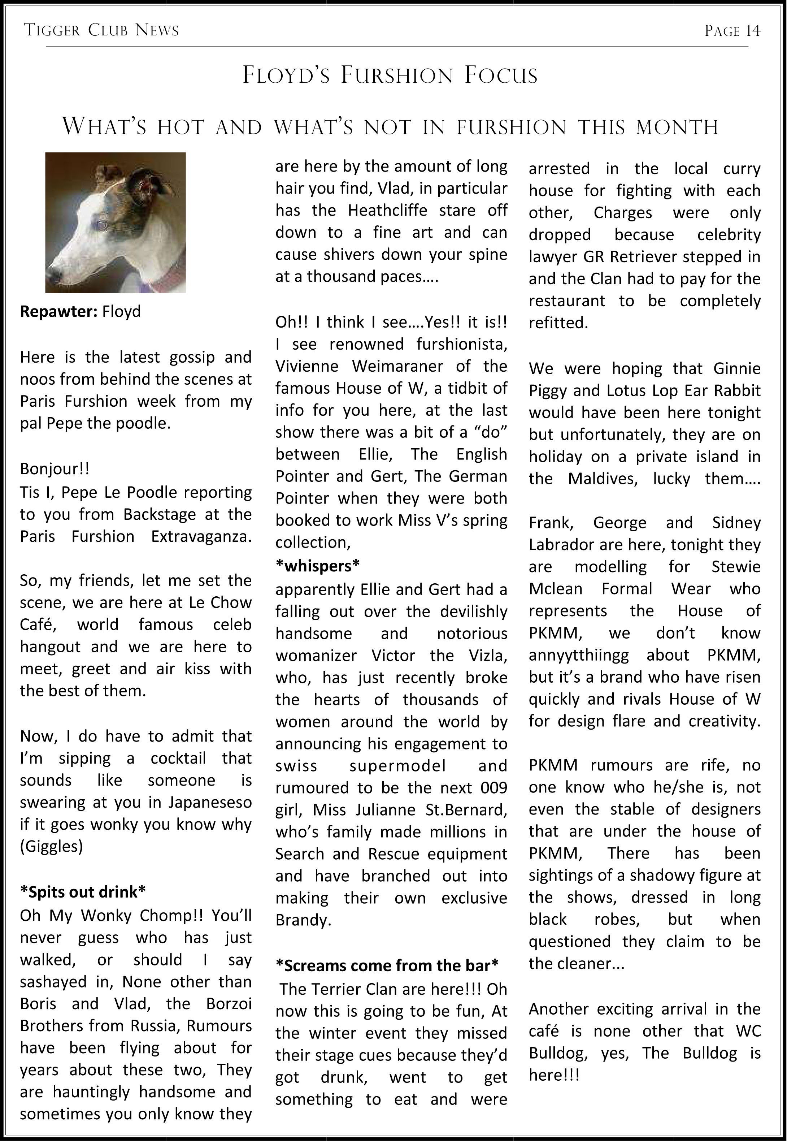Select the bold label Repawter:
pos(59,311)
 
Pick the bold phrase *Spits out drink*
pos(82,892)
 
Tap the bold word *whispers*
pos(318,566)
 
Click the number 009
pos(493,787)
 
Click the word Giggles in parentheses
pos(51,847)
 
